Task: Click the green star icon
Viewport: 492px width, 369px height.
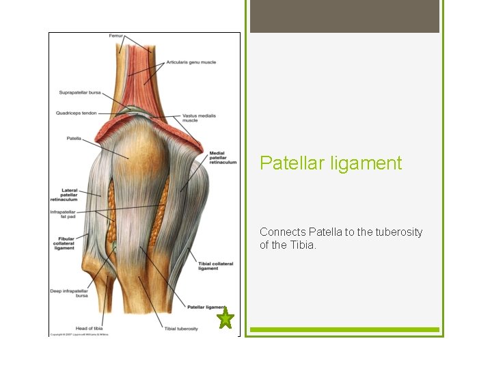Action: coord(225,318)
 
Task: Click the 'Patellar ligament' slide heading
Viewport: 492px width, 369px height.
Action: coord(331,163)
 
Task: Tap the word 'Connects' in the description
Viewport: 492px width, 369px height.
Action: coord(282,232)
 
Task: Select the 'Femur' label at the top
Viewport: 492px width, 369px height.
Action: coord(116,36)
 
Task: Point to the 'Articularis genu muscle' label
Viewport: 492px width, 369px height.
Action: coord(191,62)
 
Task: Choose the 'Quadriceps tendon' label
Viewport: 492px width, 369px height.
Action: coord(77,113)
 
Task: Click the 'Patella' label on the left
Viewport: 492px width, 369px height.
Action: coord(74,139)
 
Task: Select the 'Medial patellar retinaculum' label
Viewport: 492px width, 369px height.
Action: coord(223,157)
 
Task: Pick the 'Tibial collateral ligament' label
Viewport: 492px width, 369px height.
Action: coord(215,266)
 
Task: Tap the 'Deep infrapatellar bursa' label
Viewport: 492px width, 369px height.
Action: coord(69,293)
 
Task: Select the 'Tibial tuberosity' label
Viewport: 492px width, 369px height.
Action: coord(181,329)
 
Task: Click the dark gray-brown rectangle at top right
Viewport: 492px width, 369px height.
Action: coord(344,16)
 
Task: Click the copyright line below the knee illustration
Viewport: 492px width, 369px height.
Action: coord(79,334)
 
